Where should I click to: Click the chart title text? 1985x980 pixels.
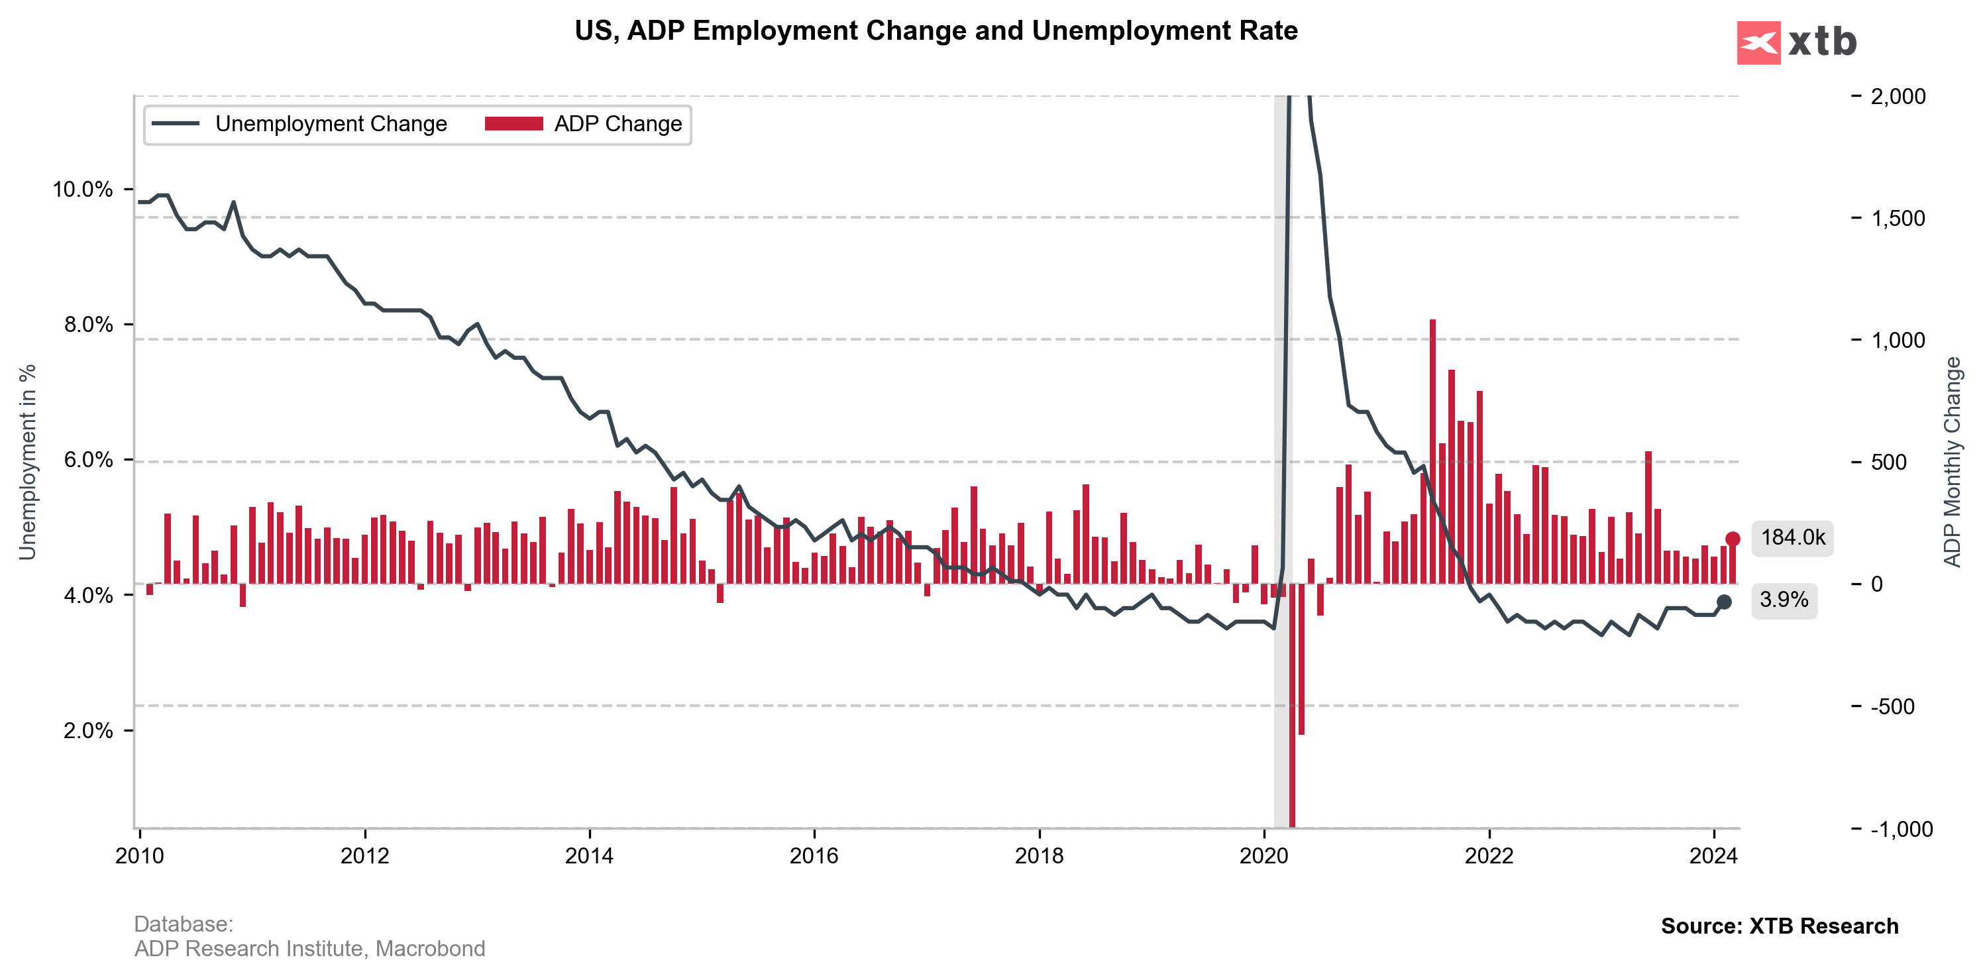936,31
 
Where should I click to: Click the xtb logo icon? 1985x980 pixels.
1758,43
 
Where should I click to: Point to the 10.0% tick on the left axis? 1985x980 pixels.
82,190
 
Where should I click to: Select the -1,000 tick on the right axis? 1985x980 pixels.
1901,829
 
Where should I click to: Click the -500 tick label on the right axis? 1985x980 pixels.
1892,706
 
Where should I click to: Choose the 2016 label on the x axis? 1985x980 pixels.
814,856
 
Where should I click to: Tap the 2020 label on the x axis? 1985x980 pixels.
1263,856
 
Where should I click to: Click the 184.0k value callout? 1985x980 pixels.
1792,538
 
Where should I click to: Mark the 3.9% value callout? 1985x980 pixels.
1784,600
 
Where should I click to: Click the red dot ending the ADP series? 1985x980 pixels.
1733,539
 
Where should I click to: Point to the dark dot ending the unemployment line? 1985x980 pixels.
1724,602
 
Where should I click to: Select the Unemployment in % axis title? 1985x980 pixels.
28,463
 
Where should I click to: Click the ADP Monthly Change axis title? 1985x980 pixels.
1952,463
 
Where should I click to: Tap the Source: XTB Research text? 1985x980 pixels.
1779,926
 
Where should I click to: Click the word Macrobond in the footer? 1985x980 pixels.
430,948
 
